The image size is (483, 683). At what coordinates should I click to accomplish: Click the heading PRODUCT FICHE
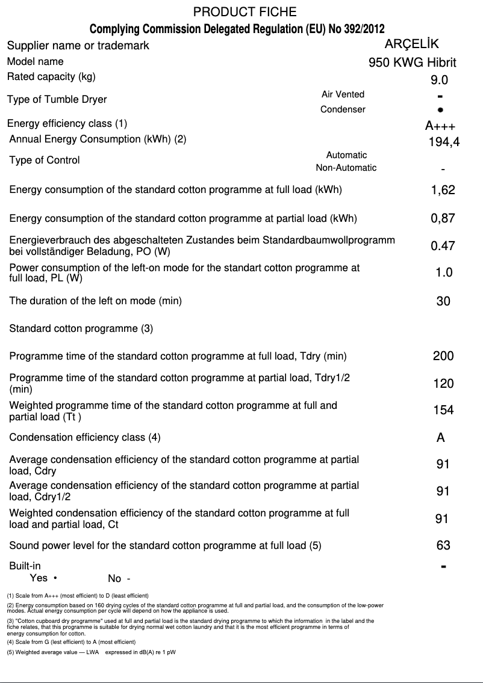pyautogui.click(x=245, y=12)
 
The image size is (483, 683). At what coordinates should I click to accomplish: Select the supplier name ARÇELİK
pyautogui.click(x=411, y=44)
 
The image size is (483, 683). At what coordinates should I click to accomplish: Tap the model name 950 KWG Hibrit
pyautogui.click(x=412, y=63)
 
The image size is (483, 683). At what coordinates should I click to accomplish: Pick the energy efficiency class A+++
pyautogui.click(x=440, y=126)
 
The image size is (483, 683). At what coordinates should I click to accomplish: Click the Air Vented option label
pyautogui.click(x=343, y=94)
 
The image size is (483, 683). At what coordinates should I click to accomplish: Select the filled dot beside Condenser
pyautogui.click(x=441, y=110)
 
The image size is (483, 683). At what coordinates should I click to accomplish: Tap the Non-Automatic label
pyautogui.click(x=346, y=168)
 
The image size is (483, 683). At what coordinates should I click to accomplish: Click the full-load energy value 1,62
pyautogui.click(x=443, y=191)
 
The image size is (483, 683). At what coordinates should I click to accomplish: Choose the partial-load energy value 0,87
pyautogui.click(x=443, y=219)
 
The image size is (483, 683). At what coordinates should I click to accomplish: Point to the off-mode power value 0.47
pyautogui.click(x=443, y=246)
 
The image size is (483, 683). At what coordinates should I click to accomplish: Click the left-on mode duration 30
pyautogui.click(x=443, y=301)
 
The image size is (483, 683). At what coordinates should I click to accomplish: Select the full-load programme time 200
pyautogui.click(x=443, y=356)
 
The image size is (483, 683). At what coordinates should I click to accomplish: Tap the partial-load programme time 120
pyautogui.click(x=443, y=384)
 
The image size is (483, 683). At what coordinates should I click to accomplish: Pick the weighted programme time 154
pyautogui.click(x=443, y=411)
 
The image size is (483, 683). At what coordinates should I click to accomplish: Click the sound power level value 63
pyautogui.click(x=443, y=545)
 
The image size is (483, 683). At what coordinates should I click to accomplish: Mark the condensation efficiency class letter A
pyautogui.click(x=441, y=438)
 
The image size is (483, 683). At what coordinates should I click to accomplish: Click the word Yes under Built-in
pyautogui.click(x=39, y=578)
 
